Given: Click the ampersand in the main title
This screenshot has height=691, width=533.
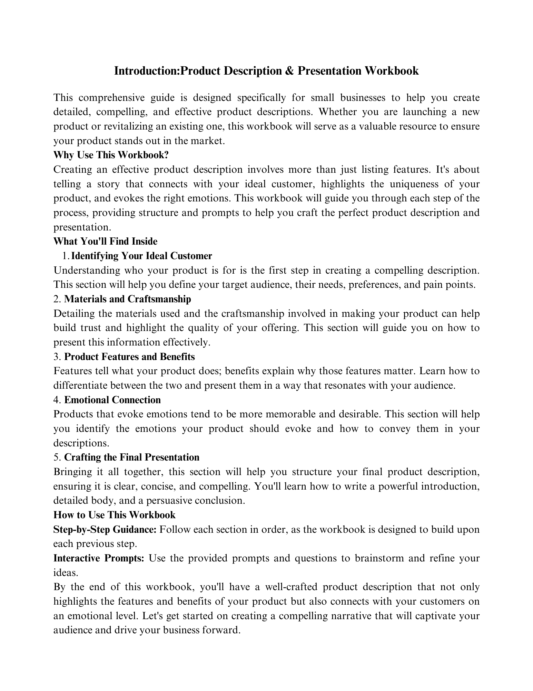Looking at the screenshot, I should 288,71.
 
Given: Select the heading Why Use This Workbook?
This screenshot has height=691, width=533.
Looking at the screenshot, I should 111,155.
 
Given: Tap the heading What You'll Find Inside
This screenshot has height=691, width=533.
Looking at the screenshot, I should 106,241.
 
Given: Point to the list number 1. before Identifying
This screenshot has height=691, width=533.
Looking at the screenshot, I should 66,256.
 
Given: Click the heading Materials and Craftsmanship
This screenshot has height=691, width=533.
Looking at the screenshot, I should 128,299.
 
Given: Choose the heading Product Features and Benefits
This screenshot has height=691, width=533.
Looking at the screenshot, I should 129,357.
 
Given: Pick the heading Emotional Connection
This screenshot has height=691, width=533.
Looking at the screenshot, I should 112,400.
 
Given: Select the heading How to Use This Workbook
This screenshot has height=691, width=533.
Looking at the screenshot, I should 115,515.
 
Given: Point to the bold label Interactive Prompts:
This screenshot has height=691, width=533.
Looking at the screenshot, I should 99,558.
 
